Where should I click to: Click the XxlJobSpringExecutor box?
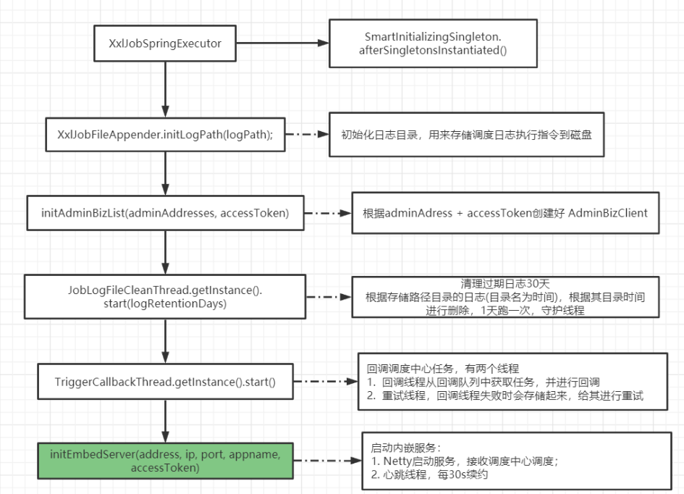[x=165, y=44]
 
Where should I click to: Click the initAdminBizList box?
[x=165, y=213]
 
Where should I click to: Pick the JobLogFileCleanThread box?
[x=165, y=296]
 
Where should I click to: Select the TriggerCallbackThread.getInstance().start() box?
[x=165, y=380]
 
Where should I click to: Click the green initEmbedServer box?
[x=165, y=461]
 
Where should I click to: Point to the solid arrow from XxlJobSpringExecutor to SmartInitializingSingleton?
[x=282, y=44]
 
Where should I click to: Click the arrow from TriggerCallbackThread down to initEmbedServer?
[x=166, y=420]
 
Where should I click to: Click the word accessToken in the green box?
[x=165, y=468]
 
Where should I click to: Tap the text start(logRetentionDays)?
[x=165, y=303]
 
